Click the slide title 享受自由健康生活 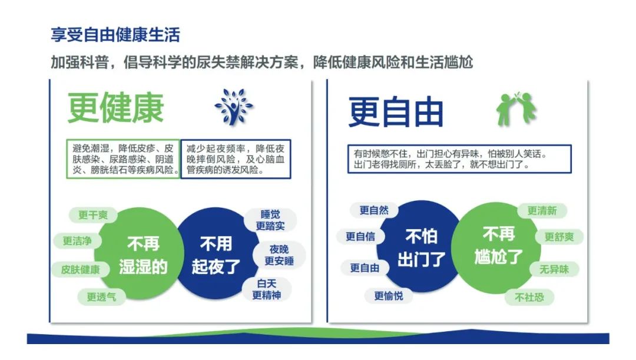(x=115, y=35)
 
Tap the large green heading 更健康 (x=115, y=108)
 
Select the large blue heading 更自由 (x=396, y=112)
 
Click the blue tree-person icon (x=234, y=106)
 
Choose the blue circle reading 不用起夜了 (x=216, y=255)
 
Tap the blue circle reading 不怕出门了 (x=421, y=247)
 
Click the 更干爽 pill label (x=93, y=214)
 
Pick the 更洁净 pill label (x=77, y=240)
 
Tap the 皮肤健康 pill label (x=80, y=269)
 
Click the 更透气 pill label (x=101, y=297)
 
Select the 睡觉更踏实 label (x=270, y=220)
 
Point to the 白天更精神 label (x=267, y=289)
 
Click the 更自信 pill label (x=360, y=236)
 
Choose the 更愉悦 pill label (x=389, y=296)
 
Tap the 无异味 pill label (x=554, y=269)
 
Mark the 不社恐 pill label (x=529, y=297)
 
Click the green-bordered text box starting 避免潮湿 (x=123, y=159)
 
